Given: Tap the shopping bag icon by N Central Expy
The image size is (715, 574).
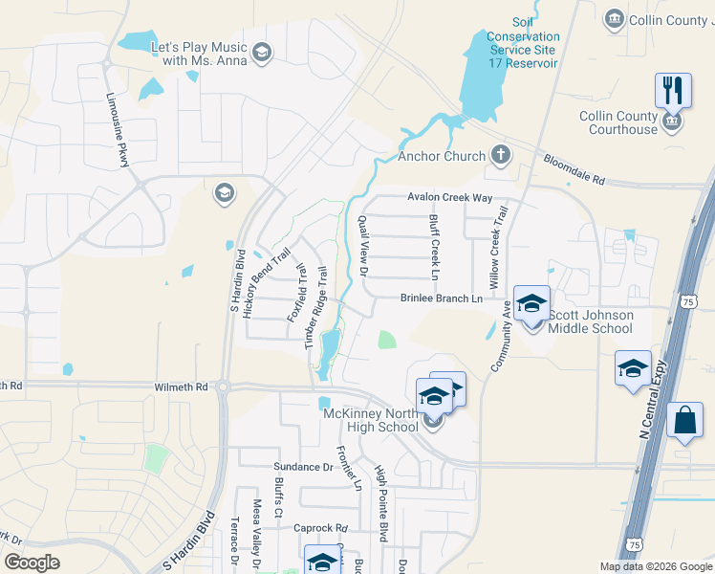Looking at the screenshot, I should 685,421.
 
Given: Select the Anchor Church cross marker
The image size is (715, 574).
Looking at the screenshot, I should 500,155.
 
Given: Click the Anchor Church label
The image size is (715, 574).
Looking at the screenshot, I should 442,156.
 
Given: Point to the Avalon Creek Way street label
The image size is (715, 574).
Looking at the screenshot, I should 449,198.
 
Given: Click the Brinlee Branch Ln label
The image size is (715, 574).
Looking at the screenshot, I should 441,298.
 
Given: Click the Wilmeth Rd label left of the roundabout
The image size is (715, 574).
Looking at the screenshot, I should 181,387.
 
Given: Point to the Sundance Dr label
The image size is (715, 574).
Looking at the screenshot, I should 300,468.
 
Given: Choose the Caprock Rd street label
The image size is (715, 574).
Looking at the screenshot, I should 320,528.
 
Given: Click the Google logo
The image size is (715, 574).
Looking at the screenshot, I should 32,563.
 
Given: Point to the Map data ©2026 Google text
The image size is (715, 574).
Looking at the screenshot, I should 655,566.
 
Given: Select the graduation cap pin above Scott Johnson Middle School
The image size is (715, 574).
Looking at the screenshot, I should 532,304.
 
